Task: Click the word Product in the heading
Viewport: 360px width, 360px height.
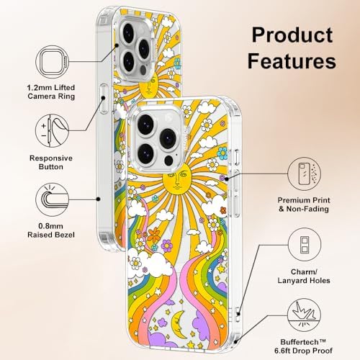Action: (292, 35)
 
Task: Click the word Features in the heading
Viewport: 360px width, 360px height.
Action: (292, 60)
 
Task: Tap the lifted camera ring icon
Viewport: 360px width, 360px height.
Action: (52, 62)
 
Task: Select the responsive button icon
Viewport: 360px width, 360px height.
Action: (52, 130)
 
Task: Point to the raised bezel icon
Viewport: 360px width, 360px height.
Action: (52, 199)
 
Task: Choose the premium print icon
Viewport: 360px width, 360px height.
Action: (304, 174)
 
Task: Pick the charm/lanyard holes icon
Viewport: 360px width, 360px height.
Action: (305, 245)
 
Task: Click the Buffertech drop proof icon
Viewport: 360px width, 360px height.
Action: (304, 315)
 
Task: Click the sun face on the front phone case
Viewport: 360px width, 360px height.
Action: (177, 179)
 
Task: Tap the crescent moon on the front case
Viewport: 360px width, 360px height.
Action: (178, 323)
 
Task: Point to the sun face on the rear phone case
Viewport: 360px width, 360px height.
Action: (148, 86)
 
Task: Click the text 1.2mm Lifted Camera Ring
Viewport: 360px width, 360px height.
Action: (51, 92)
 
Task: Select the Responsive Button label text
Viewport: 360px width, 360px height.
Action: (51, 163)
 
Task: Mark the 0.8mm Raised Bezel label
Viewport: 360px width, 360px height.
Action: (51, 230)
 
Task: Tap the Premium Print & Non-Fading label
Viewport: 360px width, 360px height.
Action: (304, 204)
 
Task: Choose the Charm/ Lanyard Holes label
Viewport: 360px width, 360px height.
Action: (304, 276)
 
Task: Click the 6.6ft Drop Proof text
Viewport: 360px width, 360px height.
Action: (304, 351)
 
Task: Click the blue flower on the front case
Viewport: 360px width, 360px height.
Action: (222, 153)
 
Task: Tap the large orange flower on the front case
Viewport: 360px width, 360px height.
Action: (153, 235)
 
